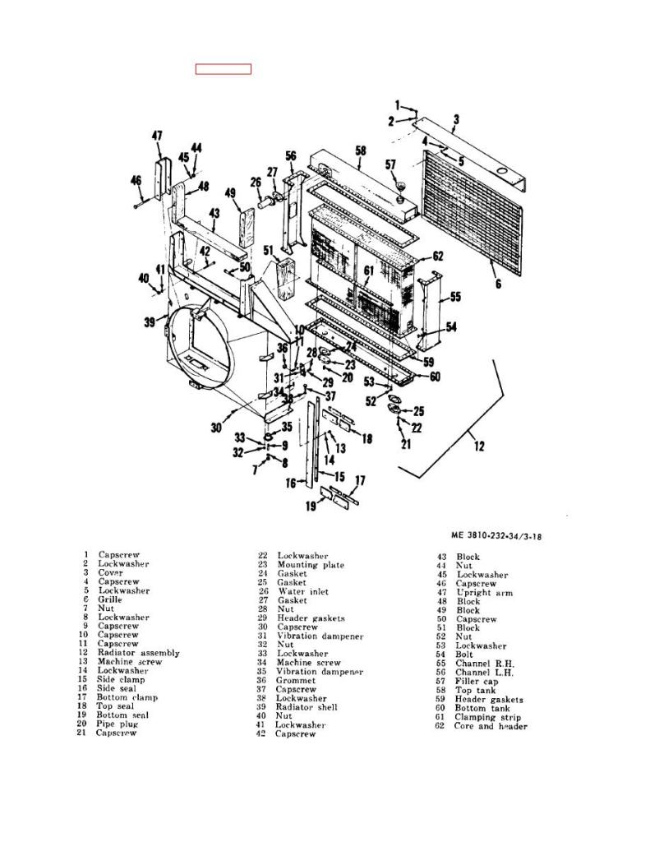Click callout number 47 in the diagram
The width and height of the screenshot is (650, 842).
(157, 136)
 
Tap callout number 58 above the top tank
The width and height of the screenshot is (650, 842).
(361, 151)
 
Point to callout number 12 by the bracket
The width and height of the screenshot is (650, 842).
(479, 446)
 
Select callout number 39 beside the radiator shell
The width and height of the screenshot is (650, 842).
(150, 322)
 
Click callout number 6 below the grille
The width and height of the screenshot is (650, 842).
(498, 283)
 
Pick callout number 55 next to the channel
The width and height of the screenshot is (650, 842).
(455, 296)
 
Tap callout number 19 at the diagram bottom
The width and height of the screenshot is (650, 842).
(311, 506)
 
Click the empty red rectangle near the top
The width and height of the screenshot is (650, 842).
(224, 69)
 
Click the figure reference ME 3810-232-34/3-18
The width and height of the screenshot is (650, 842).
(496, 535)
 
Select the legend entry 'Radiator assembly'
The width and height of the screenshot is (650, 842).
(139, 653)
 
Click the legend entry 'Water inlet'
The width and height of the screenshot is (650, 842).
(303, 592)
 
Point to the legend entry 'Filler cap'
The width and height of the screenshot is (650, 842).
(477, 682)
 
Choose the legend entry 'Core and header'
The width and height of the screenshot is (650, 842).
(491, 727)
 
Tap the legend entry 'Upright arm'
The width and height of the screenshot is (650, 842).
(485, 593)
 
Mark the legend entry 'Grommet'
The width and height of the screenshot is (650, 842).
(297, 680)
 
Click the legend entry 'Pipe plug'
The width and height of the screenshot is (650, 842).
(117, 724)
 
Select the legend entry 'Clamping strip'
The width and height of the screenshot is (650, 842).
(488, 717)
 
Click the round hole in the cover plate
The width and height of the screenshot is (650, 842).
(503, 171)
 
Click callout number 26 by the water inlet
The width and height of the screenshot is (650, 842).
(256, 182)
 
